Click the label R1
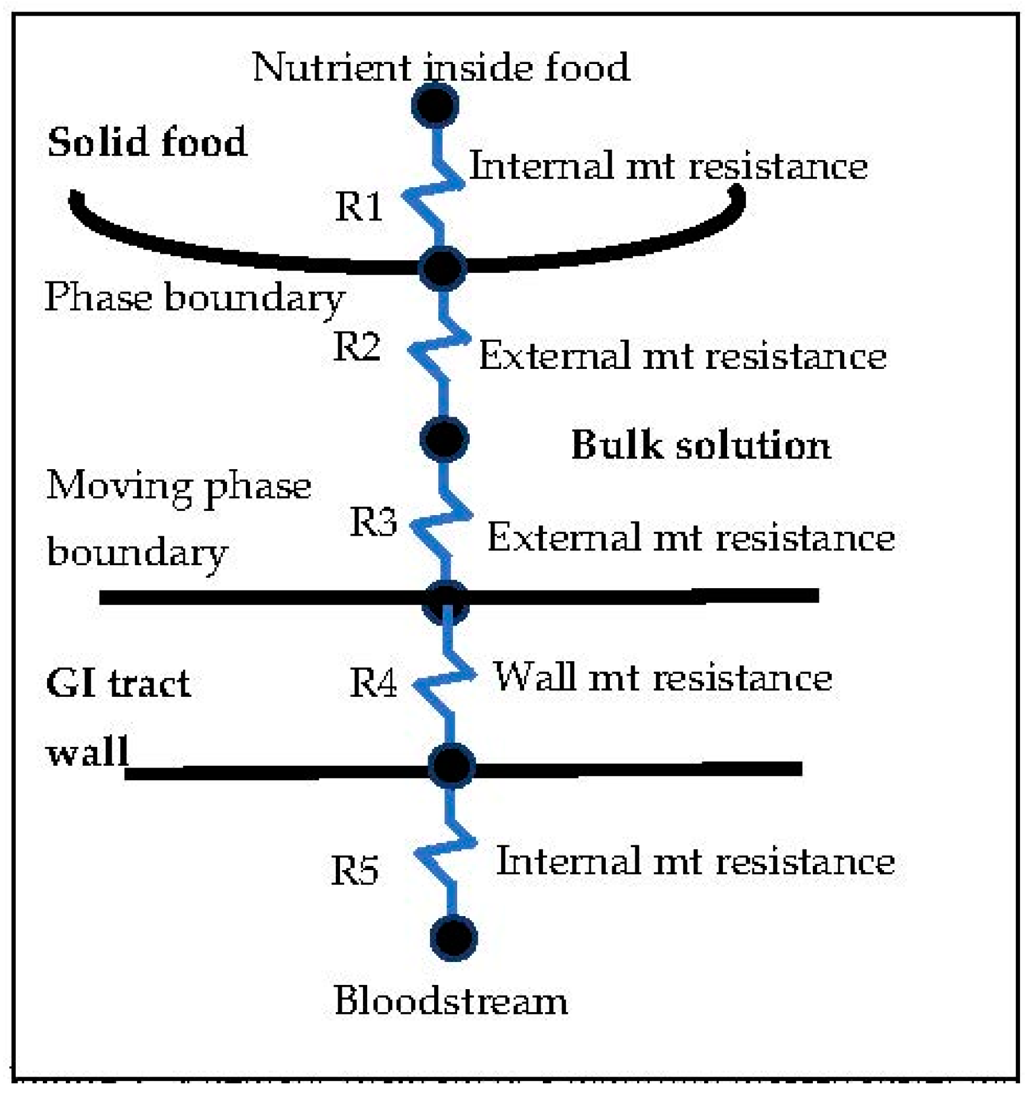pyautogui.click(x=359, y=207)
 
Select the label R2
pyautogui.click(x=357, y=347)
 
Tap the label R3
pyautogui.click(x=373, y=522)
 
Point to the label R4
pyautogui.click(x=373, y=684)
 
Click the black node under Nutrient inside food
pyautogui.click(x=435, y=105)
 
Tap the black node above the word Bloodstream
pyautogui.click(x=454, y=938)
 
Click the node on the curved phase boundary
pyautogui.click(x=443, y=268)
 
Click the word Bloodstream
pyautogui.click(x=450, y=1001)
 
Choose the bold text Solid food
pyautogui.click(x=147, y=143)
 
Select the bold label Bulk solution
pyautogui.click(x=701, y=446)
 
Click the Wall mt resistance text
pyautogui.click(x=662, y=678)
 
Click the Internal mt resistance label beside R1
pyautogui.click(x=668, y=165)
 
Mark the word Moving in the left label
pyautogui.click(x=118, y=486)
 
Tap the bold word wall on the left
pyautogui.click(x=88, y=752)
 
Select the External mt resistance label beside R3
pyautogui.click(x=691, y=537)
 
